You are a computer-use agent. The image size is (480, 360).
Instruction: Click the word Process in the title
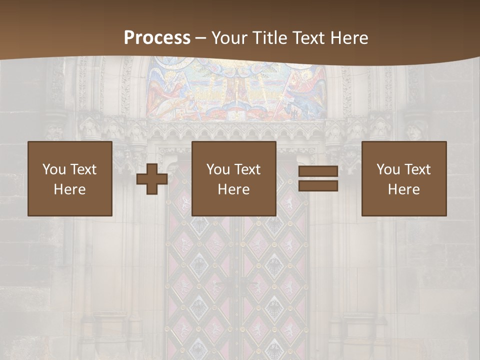(157, 38)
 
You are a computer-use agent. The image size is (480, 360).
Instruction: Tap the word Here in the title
(348, 38)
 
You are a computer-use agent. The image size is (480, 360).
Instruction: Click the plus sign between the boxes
(152, 179)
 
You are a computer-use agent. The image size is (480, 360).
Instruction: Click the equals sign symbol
(318, 179)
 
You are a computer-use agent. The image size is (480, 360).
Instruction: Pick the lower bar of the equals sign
(318, 186)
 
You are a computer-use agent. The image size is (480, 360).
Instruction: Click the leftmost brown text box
(70, 178)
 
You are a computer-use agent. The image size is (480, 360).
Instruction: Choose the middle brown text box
(233, 178)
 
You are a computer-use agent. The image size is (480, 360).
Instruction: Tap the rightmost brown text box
(403, 178)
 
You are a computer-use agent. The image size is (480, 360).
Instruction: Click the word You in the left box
(54, 169)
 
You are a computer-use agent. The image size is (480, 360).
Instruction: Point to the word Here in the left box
(70, 189)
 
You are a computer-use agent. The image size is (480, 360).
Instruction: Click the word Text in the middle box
(247, 169)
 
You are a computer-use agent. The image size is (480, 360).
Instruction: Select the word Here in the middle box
(233, 189)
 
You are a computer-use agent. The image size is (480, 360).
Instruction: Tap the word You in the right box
(388, 169)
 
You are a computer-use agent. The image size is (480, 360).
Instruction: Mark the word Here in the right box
(403, 189)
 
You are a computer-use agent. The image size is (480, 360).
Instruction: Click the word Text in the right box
(417, 169)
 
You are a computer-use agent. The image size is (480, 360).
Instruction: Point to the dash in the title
(201, 38)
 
